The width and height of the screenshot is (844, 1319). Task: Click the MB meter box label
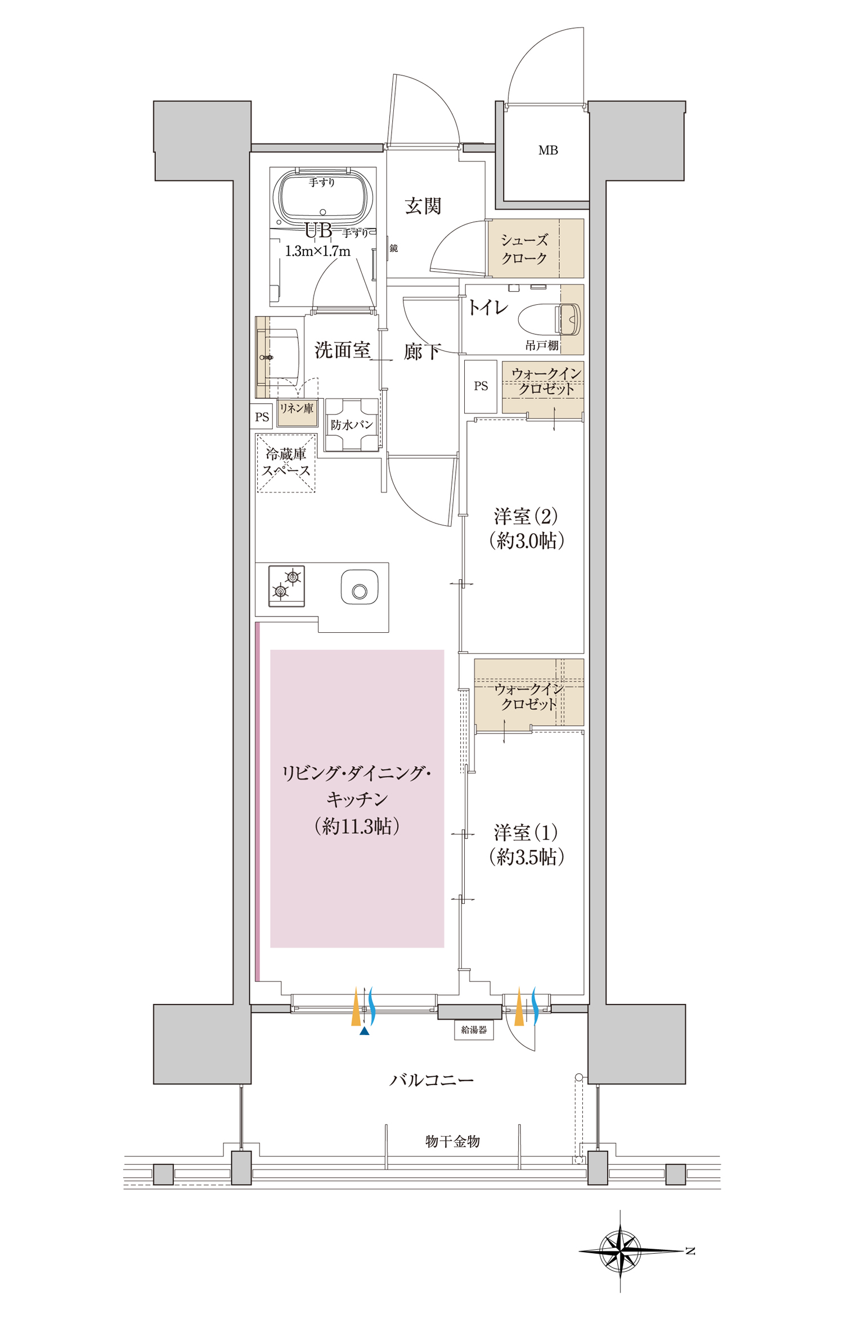click(x=548, y=150)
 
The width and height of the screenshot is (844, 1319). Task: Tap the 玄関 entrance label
click(x=423, y=206)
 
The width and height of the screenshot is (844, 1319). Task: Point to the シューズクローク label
click(x=524, y=249)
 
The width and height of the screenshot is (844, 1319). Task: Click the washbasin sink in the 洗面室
click(x=280, y=357)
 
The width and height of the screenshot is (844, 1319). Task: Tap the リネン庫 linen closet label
click(x=297, y=408)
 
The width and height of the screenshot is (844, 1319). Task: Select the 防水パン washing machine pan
click(x=352, y=425)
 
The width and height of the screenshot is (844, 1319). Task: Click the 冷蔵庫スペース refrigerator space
click(x=286, y=463)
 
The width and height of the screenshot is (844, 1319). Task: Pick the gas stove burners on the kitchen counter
click(x=286, y=586)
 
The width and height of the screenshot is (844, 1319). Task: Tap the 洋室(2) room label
click(x=526, y=516)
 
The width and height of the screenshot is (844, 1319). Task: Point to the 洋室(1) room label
click(x=526, y=832)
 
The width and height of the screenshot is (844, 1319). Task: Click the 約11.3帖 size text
click(x=357, y=826)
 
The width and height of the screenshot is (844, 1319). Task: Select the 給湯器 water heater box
click(x=474, y=1030)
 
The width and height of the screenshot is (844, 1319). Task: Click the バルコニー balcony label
click(x=432, y=1080)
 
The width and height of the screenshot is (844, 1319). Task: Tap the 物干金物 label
click(x=452, y=1141)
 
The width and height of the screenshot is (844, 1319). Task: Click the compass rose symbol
click(x=621, y=1252)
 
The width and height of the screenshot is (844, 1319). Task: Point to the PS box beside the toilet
click(x=481, y=386)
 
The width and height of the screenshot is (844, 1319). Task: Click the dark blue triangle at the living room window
click(x=365, y=1030)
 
